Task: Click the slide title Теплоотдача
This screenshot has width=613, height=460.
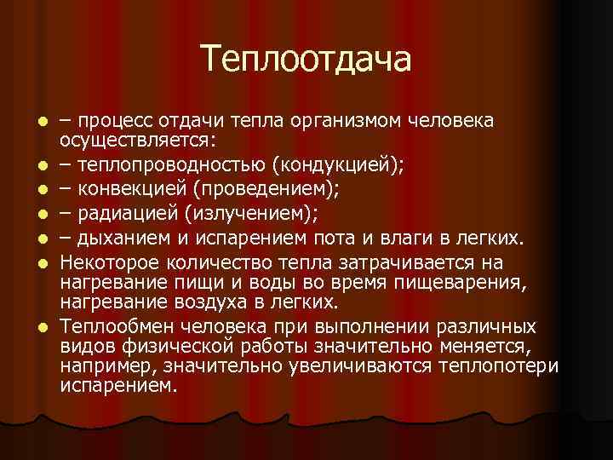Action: point(306,59)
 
